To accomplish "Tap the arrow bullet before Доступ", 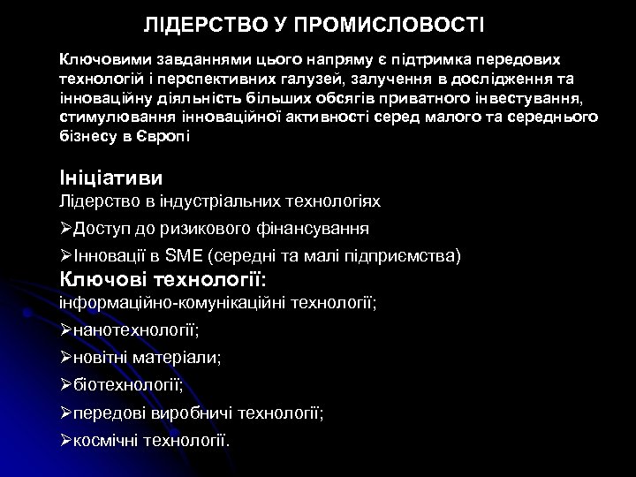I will point(65,229).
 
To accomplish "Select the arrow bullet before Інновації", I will point(65,257).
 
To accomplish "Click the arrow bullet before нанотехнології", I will point(65,330).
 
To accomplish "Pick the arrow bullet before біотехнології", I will point(65,385).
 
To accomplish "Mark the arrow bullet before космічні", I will point(65,440).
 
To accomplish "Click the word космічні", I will point(110,440).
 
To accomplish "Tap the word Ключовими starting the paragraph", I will point(101,59).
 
